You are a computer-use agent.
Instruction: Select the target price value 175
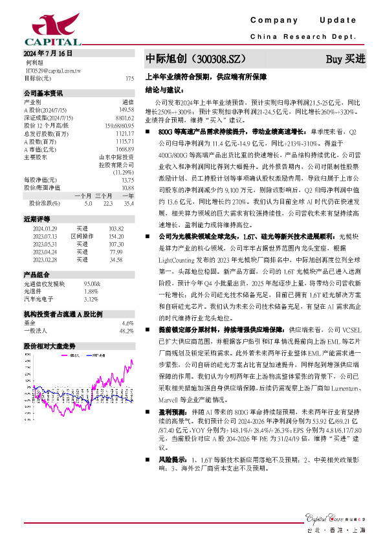(129, 78)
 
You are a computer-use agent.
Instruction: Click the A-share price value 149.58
(127, 109)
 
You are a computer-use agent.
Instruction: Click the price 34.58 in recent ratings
(116, 259)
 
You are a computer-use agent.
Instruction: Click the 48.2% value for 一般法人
(126, 330)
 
